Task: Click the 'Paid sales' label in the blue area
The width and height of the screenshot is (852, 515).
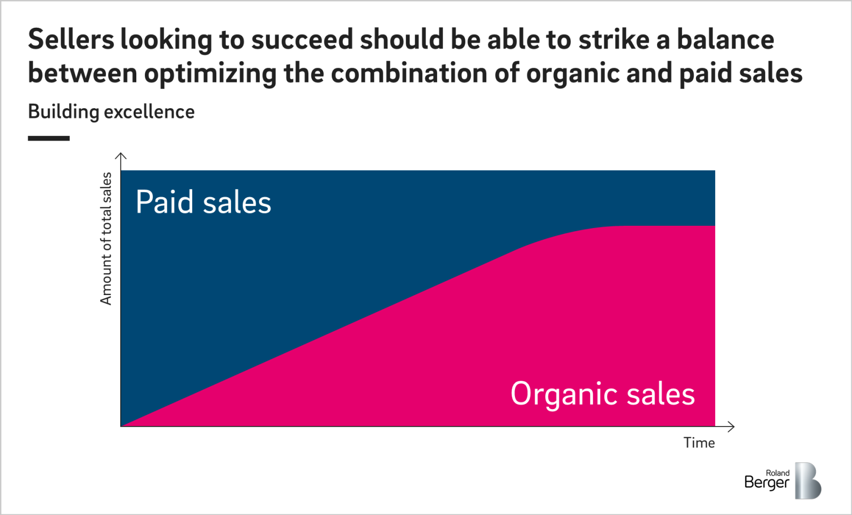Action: [203, 202]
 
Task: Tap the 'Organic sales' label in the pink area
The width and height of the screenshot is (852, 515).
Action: [602, 394]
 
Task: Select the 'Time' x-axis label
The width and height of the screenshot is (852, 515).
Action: [699, 443]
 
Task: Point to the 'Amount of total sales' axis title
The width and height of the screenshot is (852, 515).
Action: [106, 238]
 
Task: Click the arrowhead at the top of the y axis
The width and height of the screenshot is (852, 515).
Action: [121, 156]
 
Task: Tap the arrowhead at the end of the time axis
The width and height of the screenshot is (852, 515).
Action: [732, 426]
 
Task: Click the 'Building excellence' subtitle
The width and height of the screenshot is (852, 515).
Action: [111, 112]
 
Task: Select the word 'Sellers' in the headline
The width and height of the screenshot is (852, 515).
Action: [71, 40]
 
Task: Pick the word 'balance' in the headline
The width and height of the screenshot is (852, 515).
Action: [725, 40]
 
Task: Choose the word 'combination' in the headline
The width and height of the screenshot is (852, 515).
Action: [409, 73]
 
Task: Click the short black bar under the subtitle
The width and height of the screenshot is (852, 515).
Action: [48, 138]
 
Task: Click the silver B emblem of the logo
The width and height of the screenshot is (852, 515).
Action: [808, 481]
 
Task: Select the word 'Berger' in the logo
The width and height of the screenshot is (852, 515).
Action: [766, 483]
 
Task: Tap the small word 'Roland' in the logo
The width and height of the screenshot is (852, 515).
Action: [777, 473]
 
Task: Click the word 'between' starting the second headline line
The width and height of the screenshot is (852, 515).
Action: [83, 73]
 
